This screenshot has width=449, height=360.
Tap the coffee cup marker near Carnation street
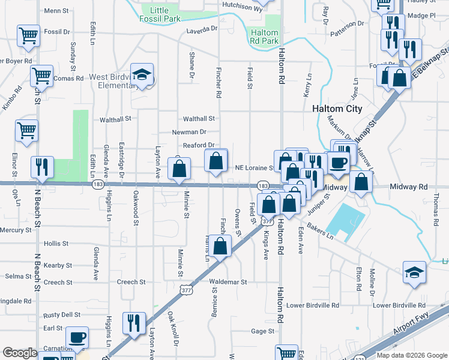pyautogui.click(x=76, y=338)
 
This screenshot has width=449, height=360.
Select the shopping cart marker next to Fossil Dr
pyautogui.click(x=28, y=35)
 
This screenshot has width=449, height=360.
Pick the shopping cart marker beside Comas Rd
pyautogui.click(x=41, y=76)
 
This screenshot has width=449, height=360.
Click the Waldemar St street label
pyautogui.click(x=228, y=282)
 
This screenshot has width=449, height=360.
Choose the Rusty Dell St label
pyautogui.click(x=62, y=315)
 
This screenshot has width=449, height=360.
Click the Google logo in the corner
pyautogui.click(x=20, y=353)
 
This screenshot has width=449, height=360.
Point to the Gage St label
pyautogui.click(x=262, y=331)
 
